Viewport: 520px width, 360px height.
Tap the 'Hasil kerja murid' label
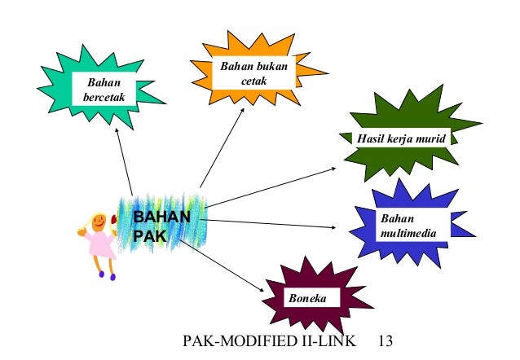tap(401, 138)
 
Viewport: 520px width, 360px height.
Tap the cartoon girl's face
tap(99, 220)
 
